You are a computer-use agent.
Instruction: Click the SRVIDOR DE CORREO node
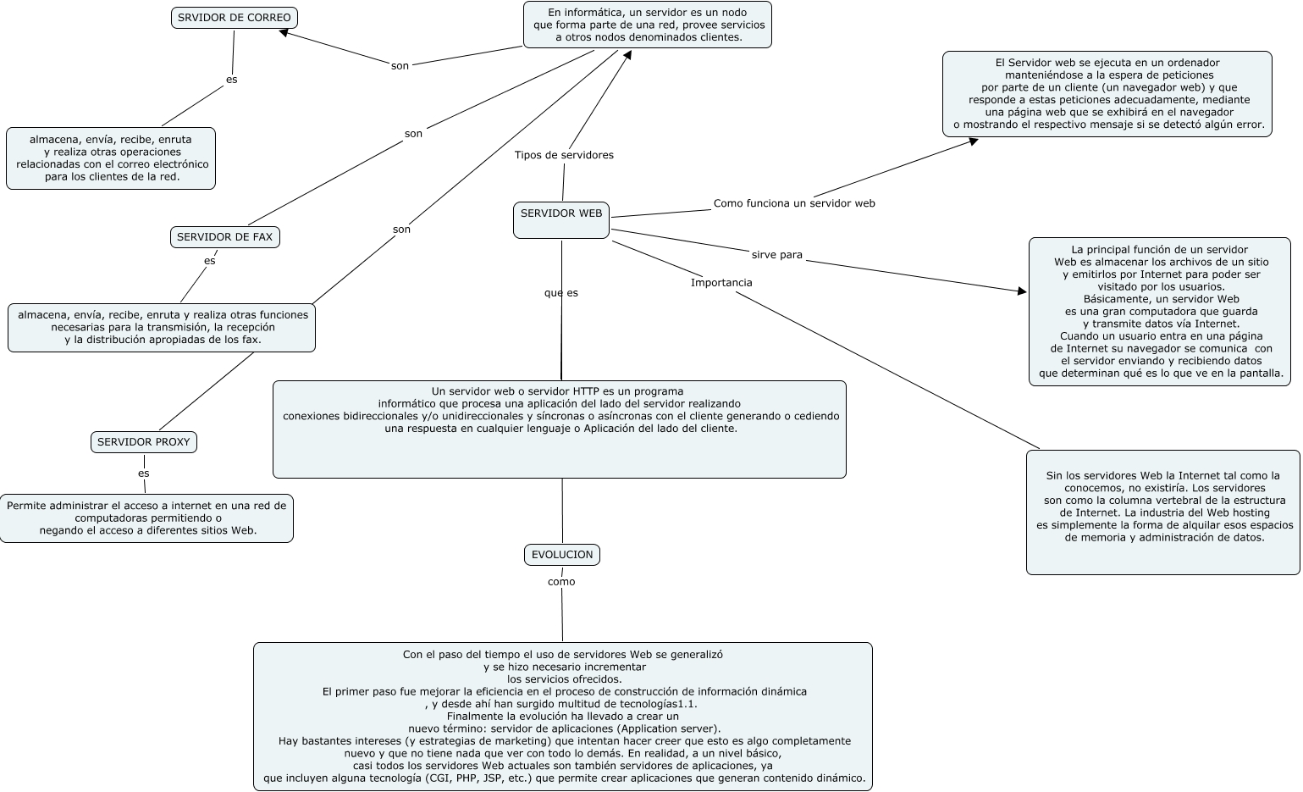(234, 18)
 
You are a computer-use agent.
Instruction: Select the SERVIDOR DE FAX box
(224, 237)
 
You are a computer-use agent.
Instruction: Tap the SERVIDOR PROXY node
(143, 442)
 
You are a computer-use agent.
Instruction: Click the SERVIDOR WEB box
(561, 219)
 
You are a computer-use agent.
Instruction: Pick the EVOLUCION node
(562, 555)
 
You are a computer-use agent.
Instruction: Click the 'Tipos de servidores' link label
(564, 155)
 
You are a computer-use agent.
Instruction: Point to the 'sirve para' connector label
(776, 255)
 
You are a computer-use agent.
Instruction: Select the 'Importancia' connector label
(721, 283)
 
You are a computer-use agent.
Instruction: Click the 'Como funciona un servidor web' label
(794, 203)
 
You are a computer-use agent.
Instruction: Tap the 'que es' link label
(561, 293)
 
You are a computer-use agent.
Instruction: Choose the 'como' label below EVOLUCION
(561, 582)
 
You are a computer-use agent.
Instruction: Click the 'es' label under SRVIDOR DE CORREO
(231, 80)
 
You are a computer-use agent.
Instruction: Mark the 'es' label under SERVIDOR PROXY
(144, 474)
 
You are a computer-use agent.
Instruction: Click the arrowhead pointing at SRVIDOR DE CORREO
(284, 34)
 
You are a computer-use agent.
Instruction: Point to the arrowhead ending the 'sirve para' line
(1022, 291)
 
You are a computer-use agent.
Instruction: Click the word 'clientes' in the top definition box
(719, 37)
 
